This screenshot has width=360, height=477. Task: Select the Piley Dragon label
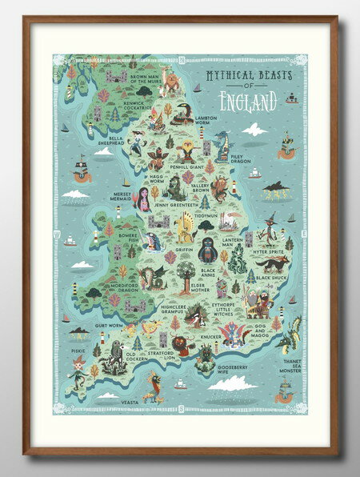[240, 158]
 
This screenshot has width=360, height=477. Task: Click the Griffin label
[185, 248]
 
